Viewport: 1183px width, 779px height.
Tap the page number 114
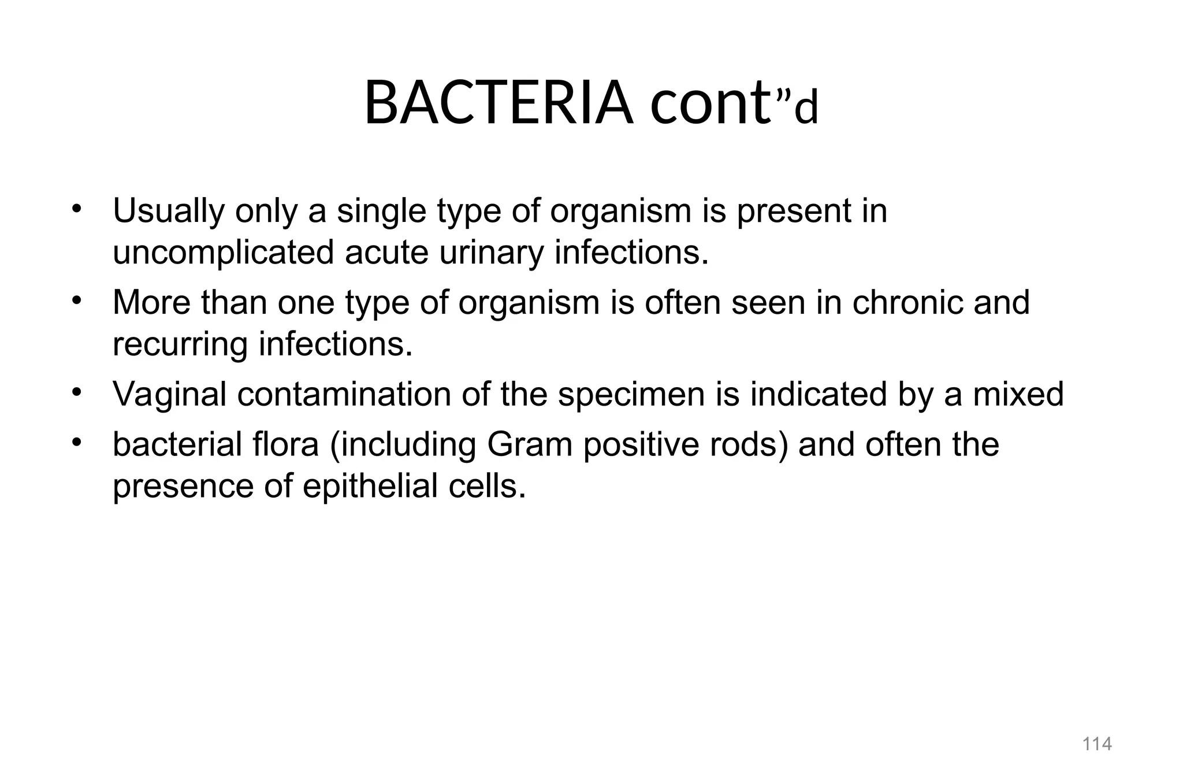[1096, 743]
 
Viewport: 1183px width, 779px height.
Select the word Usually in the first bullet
[168, 212]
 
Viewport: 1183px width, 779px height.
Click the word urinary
[491, 253]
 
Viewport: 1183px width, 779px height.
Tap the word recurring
[180, 345]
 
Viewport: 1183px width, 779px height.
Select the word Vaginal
[169, 395]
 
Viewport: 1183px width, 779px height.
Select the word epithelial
[370, 487]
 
